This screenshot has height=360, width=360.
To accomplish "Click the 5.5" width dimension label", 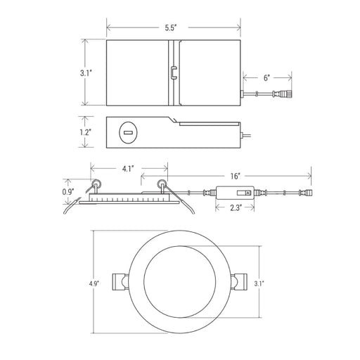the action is [x=170, y=28].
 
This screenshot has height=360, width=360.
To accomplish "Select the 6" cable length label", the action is [x=266, y=78].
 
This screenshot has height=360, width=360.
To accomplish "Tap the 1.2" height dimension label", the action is [x=85, y=132].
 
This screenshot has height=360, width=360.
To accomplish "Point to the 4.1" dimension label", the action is [x=128, y=169].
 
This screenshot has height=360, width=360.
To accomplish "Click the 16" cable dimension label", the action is [x=236, y=176].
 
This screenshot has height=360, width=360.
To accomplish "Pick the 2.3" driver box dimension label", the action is [x=236, y=207].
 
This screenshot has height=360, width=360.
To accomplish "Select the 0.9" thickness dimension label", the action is [x=68, y=192].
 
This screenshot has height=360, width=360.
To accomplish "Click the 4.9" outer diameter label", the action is [x=94, y=283].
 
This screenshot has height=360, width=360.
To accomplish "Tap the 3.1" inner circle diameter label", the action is [x=259, y=283].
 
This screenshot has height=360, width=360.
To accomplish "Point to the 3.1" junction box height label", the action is [x=86, y=73].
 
